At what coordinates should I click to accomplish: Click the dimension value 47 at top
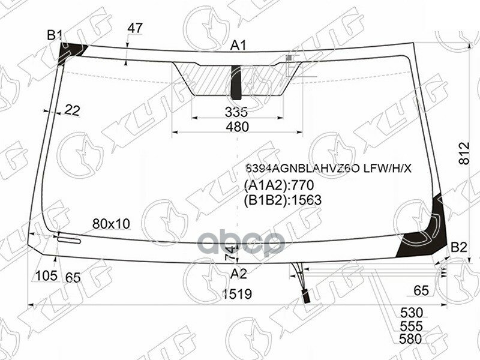136,28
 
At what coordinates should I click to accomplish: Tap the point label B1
55,35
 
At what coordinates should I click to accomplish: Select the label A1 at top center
239,45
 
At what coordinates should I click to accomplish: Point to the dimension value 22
71,110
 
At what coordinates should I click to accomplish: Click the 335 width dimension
236,112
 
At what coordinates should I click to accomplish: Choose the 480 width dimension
237,127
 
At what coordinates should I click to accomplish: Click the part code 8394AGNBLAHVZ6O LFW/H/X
328,169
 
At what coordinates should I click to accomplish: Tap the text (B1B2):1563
282,200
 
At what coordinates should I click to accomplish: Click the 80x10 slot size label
112,223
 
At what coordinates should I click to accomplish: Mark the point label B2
459,247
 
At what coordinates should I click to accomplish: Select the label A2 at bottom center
239,274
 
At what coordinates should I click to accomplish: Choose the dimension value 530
412,313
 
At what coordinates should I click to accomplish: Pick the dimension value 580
412,340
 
